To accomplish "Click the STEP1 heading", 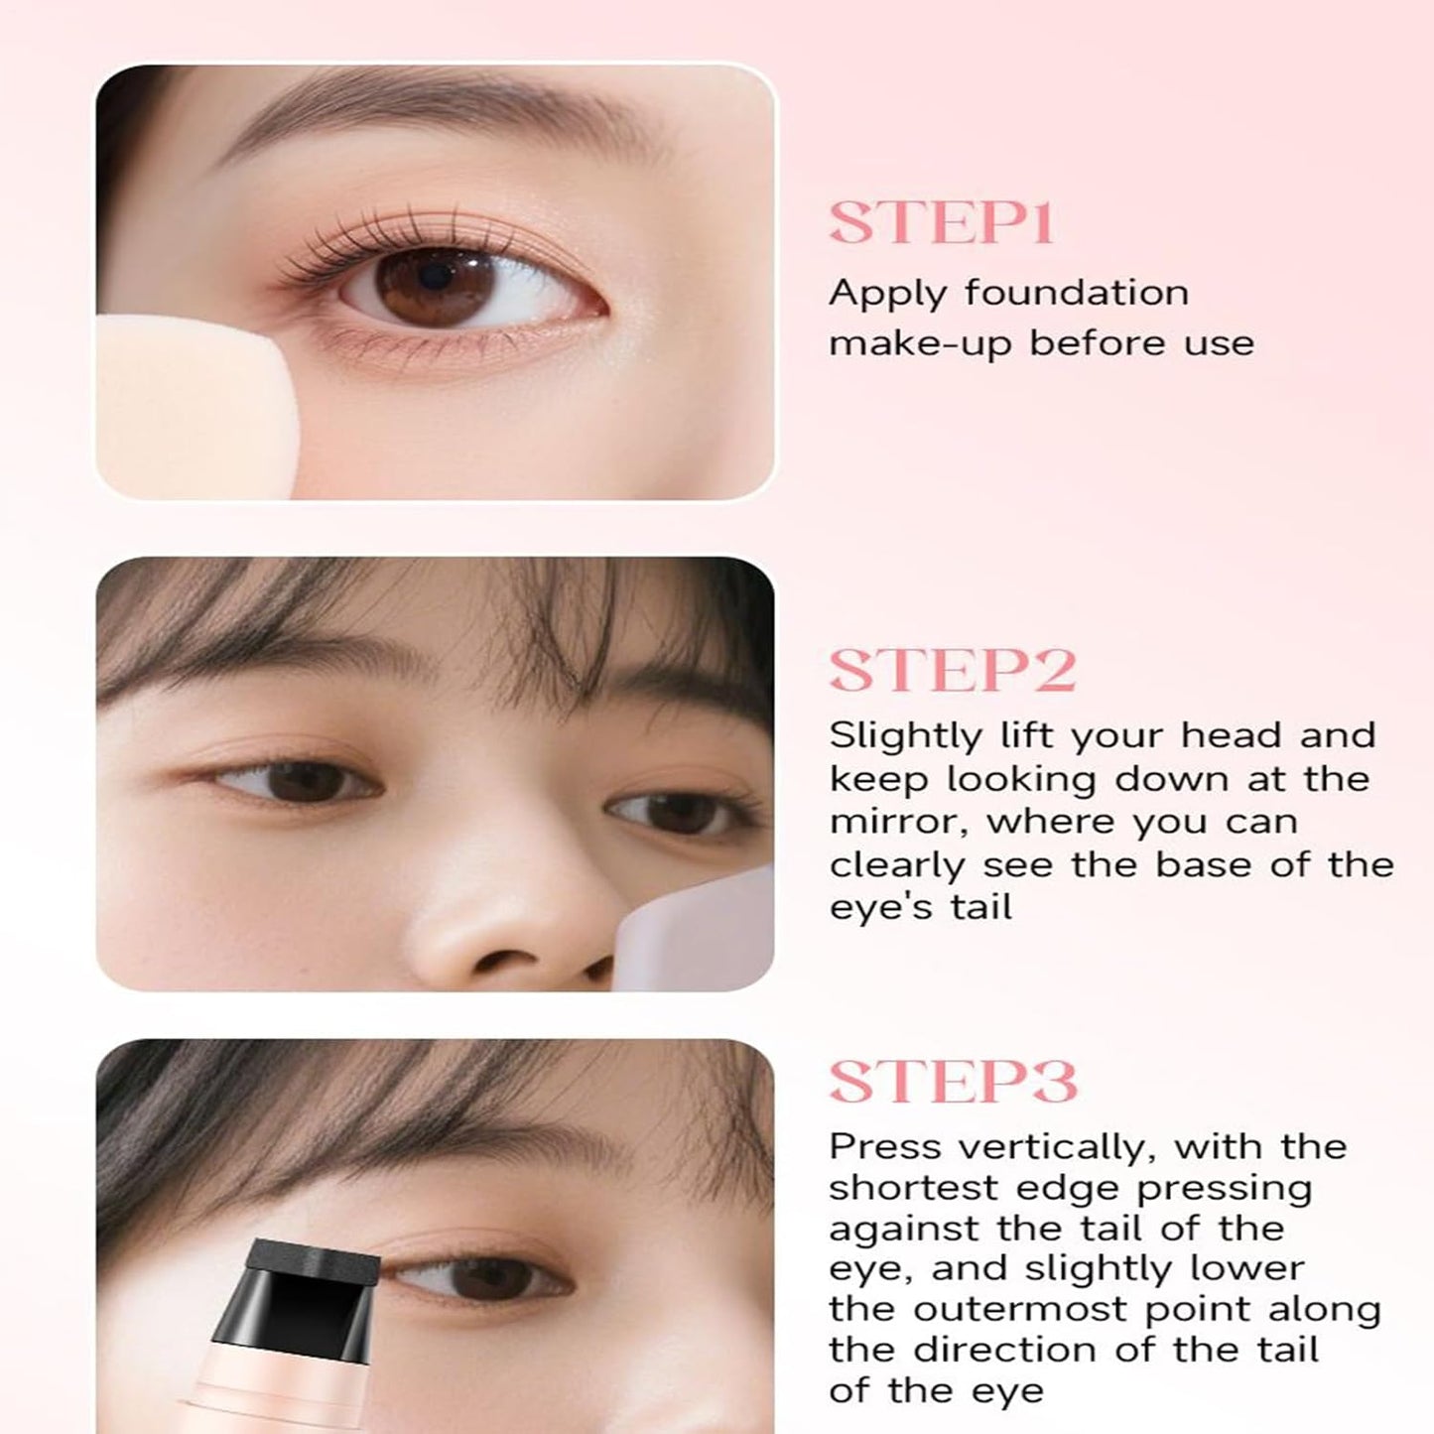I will coord(940,223).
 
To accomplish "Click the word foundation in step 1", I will coord(1076,293).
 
